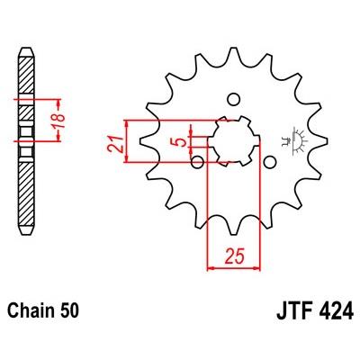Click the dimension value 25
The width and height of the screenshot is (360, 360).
point(235,256)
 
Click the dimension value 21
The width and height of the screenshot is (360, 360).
point(115,144)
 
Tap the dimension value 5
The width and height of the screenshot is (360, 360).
point(181,141)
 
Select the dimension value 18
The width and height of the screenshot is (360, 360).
point(59,120)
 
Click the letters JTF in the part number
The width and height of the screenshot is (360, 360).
point(295,311)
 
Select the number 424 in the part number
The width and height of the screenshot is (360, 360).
point(336,311)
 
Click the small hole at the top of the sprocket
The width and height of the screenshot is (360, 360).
point(233,100)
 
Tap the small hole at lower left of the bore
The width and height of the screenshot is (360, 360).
point(197,162)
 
